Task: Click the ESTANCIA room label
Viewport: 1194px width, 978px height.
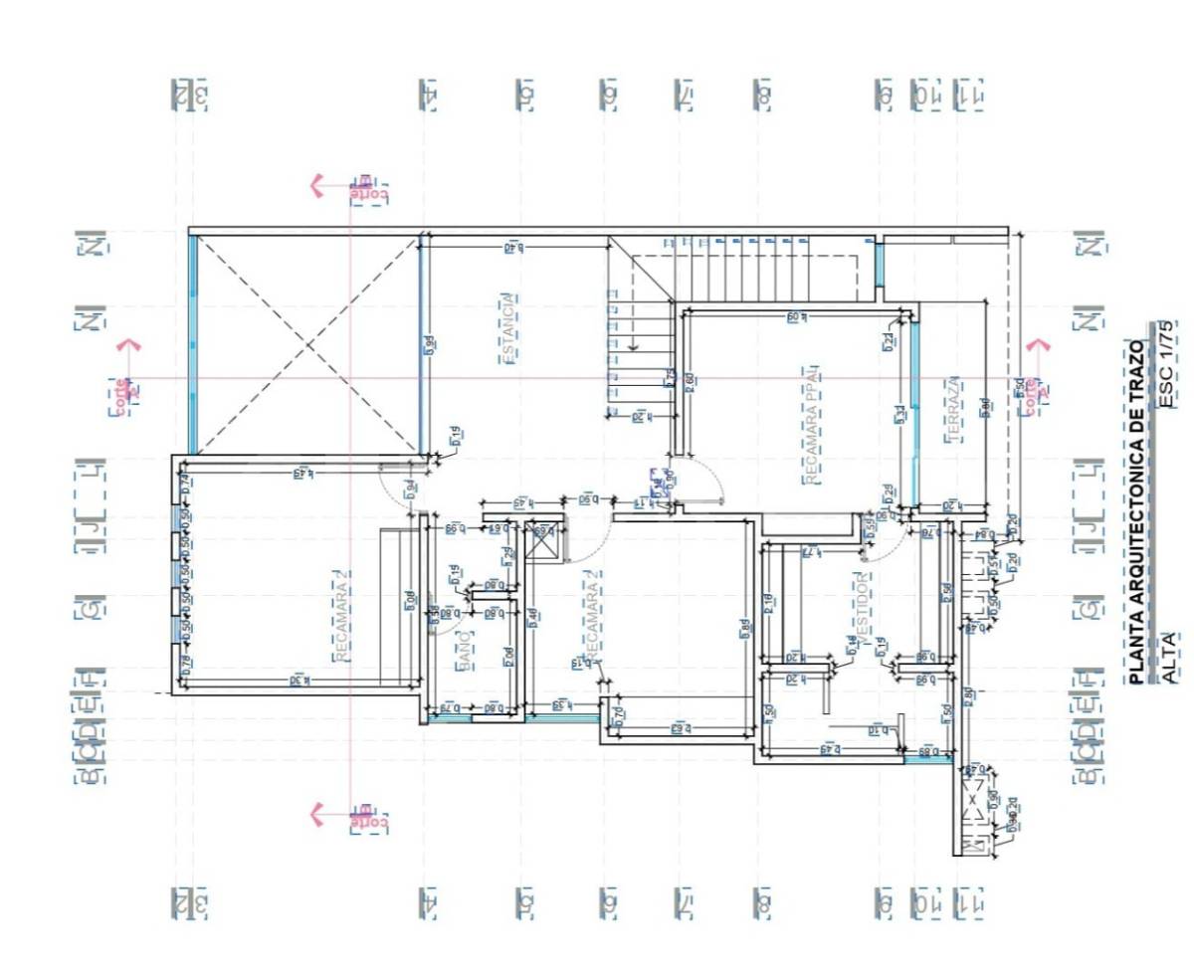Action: pos(509,328)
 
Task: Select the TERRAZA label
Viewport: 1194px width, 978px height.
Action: pos(951,408)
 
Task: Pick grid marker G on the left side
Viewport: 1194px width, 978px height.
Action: pos(91,606)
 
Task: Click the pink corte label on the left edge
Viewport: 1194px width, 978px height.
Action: pos(119,395)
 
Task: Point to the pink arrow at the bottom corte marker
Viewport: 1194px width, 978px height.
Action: pos(317,814)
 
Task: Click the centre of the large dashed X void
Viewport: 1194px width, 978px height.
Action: pos(305,344)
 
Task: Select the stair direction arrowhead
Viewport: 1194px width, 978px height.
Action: pos(633,347)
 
